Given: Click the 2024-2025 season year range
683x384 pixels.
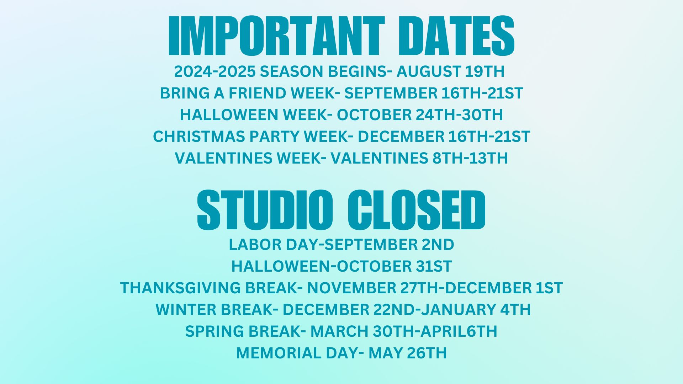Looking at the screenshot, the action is [215, 71].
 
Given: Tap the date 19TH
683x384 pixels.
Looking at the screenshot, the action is [485, 71].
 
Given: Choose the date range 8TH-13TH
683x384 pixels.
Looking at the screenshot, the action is [470, 158].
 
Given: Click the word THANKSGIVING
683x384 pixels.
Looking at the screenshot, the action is [181, 288].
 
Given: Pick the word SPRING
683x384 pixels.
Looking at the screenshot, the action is [215, 331].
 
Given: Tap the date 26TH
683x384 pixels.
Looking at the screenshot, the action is [427, 353].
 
